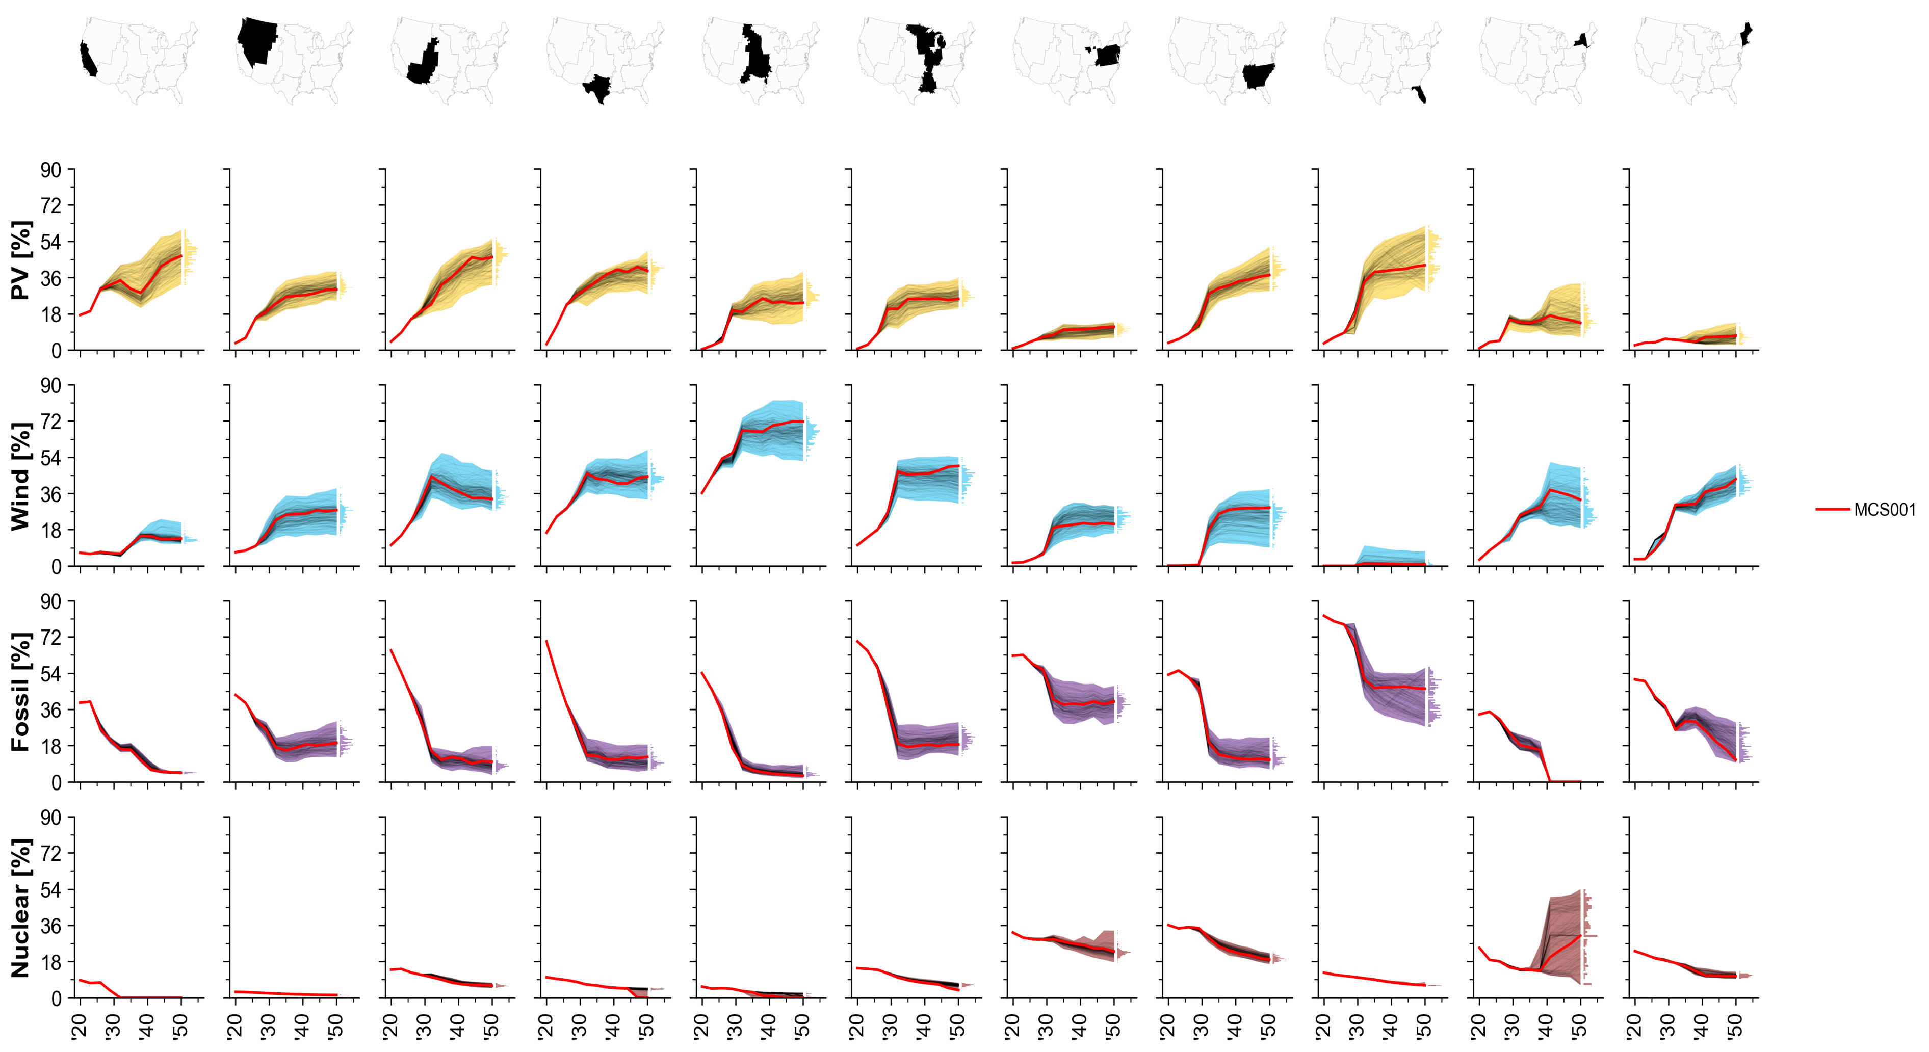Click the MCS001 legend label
1884,510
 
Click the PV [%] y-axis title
21,260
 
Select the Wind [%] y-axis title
21,476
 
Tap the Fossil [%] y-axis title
21,691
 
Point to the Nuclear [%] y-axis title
21,907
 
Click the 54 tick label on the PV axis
51,242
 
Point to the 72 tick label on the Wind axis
51,422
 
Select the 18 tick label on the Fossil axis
51,746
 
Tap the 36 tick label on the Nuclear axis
51,926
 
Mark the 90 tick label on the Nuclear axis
51,817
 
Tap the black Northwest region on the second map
255,39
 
